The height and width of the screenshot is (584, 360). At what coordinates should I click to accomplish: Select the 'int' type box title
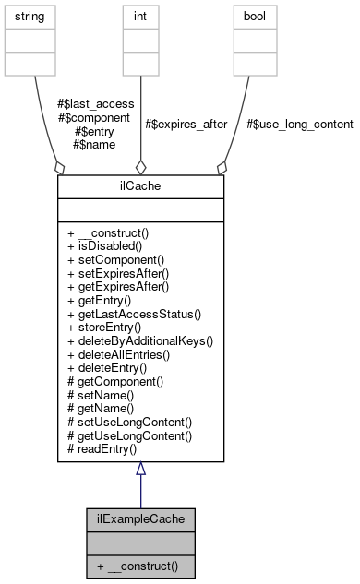click(x=140, y=18)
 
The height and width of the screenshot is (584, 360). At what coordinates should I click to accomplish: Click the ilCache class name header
click(x=140, y=185)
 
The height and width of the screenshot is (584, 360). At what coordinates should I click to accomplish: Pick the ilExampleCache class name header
click(x=140, y=518)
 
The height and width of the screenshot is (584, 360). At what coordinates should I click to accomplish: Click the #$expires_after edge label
click(x=186, y=124)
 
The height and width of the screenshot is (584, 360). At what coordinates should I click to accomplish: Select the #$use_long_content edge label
click(x=298, y=124)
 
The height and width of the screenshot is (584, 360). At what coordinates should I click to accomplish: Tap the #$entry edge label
click(x=95, y=130)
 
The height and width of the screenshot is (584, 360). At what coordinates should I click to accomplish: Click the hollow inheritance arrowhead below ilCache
click(x=140, y=470)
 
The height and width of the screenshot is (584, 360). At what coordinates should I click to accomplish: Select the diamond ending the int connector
click(x=140, y=167)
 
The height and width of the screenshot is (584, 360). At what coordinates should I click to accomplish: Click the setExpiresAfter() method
click(x=118, y=273)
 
